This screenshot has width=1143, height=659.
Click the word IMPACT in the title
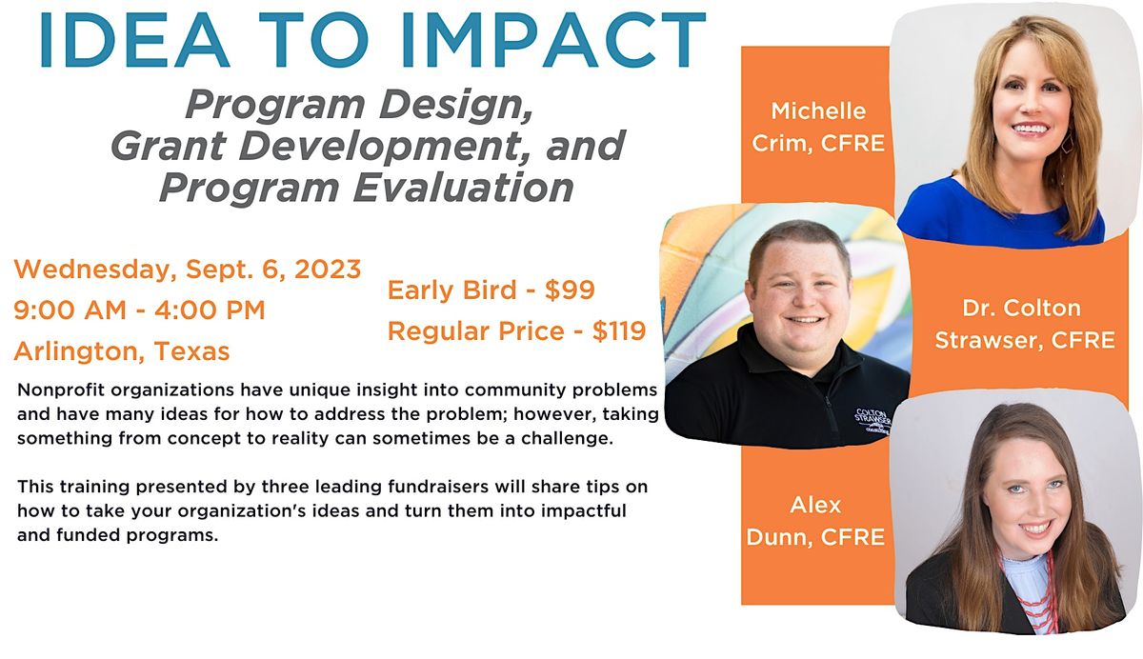553,39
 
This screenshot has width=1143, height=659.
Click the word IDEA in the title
134,39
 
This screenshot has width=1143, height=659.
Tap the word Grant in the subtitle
168,146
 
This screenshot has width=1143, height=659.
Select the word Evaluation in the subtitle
463,188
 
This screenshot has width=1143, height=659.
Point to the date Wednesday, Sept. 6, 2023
188,270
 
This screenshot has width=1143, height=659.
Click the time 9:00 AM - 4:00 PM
139,310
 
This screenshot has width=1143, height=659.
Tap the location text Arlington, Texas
122,351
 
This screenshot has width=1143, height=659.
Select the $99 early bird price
570,290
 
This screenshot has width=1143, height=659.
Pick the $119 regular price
619,331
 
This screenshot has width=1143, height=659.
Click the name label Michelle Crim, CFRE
818,128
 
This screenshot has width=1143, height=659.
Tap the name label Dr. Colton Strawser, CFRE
1025,325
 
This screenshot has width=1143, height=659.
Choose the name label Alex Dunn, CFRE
815,521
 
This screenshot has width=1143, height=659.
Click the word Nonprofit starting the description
61,390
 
